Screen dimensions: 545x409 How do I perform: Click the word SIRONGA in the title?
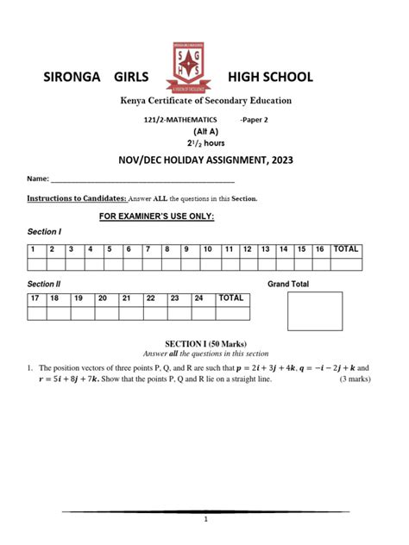pyautogui.click(x=76, y=78)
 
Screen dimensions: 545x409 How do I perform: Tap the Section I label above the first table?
pyautogui.click(x=45, y=232)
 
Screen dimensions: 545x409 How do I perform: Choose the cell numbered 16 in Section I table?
pyautogui.click(x=320, y=250)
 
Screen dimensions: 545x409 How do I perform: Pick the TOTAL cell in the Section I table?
pyautogui.click(x=347, y=250)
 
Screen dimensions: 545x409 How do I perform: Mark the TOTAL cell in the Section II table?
pyautogui.click(x=231, y=298)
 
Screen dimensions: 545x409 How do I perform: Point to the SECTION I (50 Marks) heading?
pyautogui.click(x=205, y=343)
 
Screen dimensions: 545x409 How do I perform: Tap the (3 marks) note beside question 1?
pyautogui.click(x=356, y=379)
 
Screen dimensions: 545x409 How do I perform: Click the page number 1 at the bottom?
pyautogui.click(x=205, y=520)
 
